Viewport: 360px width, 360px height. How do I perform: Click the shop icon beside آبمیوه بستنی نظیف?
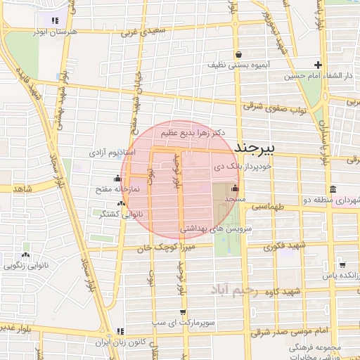pyautogui.click(x=239, y=53)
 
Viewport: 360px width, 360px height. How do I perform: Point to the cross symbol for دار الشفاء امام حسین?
pyautogui.click(x=318, y=65)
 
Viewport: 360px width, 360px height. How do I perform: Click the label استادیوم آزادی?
pyautogui.click(x=107, y=152)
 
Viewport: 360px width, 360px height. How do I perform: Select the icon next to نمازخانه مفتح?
pyautogui.click(x=117, y=179)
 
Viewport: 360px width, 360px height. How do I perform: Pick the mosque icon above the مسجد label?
pyautogui.click(x=234, y=189)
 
